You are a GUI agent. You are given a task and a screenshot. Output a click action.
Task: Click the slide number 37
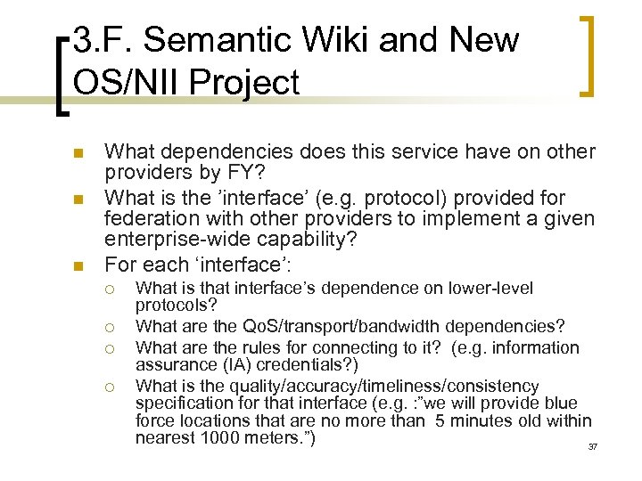click(x=592, y=446)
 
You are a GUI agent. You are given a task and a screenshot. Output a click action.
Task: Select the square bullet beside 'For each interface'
click(x=77, y=265)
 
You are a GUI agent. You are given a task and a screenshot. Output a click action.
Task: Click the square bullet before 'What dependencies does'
click(x=77, y=153)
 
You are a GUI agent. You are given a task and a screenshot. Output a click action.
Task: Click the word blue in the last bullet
click(x=560, y=403)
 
